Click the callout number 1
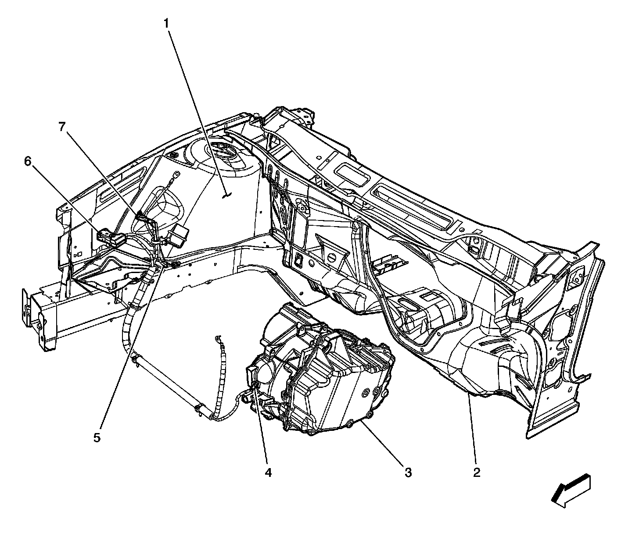pyautogui.click(x=166, y=23)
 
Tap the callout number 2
pyautogui.click(x=477, y=472)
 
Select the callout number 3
pyautogui.click(x=408, y=472)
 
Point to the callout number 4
pyautogui.click(x=268, y=472)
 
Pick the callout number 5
pyautogui.click(x=97, y=437)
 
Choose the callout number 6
pyautogui.click(x=28, y=162)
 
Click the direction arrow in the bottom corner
pyautogui.click(x=571, y=491)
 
